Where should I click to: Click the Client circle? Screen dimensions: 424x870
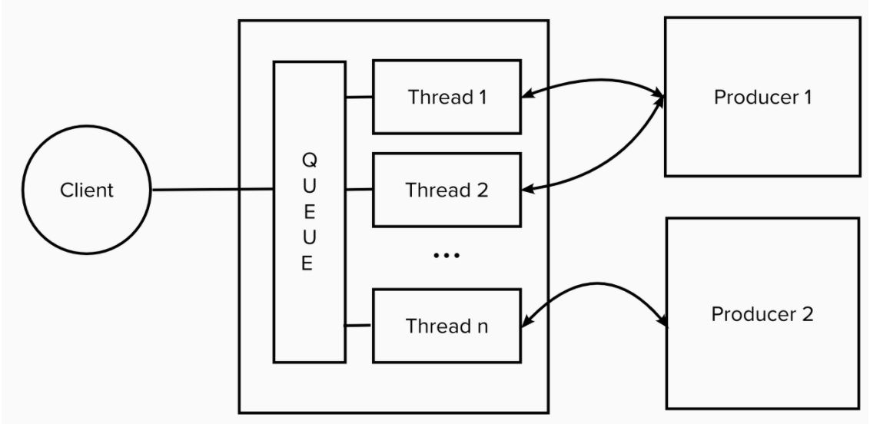tap(87, 190)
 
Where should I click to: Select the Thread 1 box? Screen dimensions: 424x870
tap(447, 98)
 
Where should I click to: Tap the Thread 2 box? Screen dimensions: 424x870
tap(447, 190)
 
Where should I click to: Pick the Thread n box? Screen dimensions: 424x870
tap(447, 326)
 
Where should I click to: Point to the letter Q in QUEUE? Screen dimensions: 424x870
tap(307, 161)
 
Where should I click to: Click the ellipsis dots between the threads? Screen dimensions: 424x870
tap(447, 254)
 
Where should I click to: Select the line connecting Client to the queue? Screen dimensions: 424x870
tap(213, 189)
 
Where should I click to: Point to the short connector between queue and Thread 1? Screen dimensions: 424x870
tap(359, 98)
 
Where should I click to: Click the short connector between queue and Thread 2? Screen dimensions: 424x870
tap(359, 189)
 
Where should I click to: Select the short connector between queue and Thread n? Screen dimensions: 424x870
tap(357, 326)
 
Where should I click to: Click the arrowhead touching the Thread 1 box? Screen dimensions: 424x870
tap(529, 95)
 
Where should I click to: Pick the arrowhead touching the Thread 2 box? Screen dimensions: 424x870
tap(529, 188)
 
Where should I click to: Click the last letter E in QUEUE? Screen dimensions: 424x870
tap(307, 267)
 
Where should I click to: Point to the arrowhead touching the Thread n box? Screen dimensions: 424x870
tap(529, 325)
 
